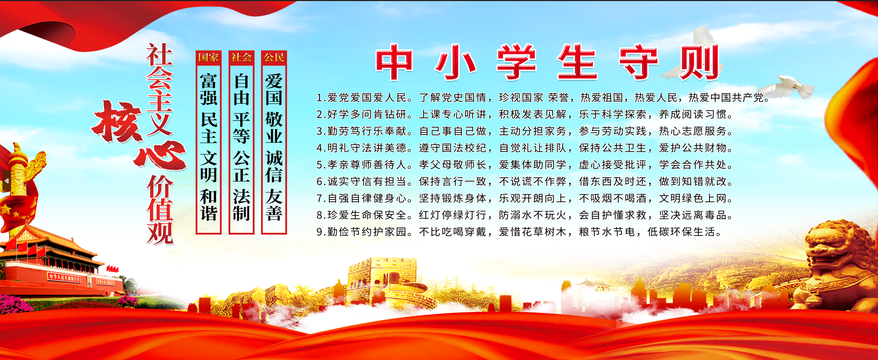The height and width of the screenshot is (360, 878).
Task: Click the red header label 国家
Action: pyautogui.click(x=208, y=57)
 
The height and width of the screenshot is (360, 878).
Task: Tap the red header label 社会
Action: pyautogui.click(x=241, y=57)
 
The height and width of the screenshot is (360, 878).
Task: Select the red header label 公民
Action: pyautogui.click(x=274, y=57)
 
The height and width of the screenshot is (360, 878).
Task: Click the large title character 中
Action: pyautogui.click(x=394, y=63)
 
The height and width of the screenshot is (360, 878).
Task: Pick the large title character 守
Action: pyautogui.click(x=638, y=63)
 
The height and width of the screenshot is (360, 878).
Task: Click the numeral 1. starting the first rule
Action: pyautogui.click(x=321, y=98)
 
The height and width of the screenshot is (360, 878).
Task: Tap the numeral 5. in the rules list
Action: pyautogui.click(x=321, y=165)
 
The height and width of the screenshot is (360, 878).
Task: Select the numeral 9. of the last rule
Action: pyautogui.click(x=321, y=232)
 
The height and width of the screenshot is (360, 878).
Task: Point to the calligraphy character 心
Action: pyautogui.click(x=160, y=156)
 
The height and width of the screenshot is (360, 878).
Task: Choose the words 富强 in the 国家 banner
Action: pyautogui.click(x=209, y=89)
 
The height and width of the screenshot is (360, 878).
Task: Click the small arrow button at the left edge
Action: pyautogui.click(x=6, y=181)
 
